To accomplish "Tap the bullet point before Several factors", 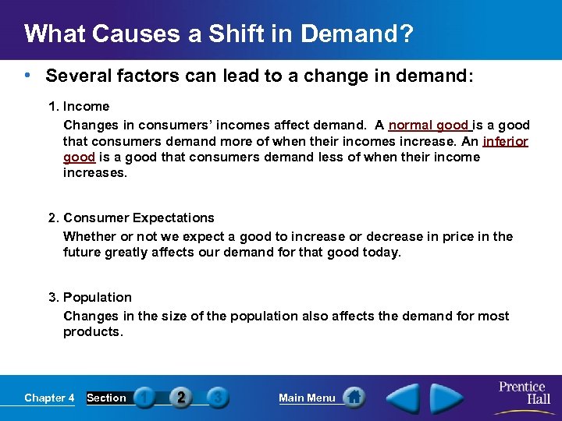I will click(28, 76).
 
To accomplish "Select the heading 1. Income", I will click(79, 106).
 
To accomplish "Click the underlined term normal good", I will click(429, 125).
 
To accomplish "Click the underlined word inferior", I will click(506, 142).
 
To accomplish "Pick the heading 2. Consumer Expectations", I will click(131, 218).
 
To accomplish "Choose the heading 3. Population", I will click(90, 297).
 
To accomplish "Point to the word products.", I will click(93, 332).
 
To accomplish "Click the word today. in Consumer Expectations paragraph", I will click(381, 253).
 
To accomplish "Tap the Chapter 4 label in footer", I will click(49, 398).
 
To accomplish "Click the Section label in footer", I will click(106, 398).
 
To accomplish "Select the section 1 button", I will click(144, 398).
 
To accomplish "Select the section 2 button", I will click(180, 398).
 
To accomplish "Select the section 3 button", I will click(218, 398).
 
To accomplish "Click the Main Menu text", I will click(307, 398).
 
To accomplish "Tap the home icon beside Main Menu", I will click(354, 398).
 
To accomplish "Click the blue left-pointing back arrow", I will click(404, 398).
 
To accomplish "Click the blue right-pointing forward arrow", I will click(446, 398).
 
